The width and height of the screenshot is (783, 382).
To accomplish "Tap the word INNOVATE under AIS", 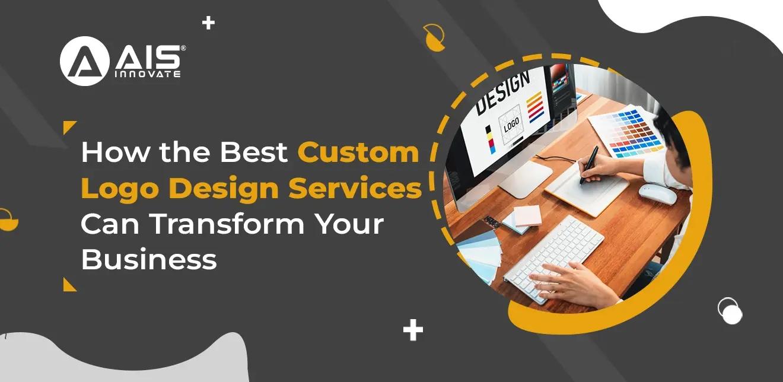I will coord(147,74).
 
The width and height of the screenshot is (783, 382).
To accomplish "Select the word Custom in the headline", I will coord(358,152).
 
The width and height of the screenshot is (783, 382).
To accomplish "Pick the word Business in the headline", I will coord(148,260).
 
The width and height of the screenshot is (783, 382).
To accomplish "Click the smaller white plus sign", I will coord(208,24).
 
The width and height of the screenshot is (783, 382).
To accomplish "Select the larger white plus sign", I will coord(413,330).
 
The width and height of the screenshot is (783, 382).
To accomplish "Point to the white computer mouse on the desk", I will coord(657,194).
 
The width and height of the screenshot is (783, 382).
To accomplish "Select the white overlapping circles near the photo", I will coord(730,311).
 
